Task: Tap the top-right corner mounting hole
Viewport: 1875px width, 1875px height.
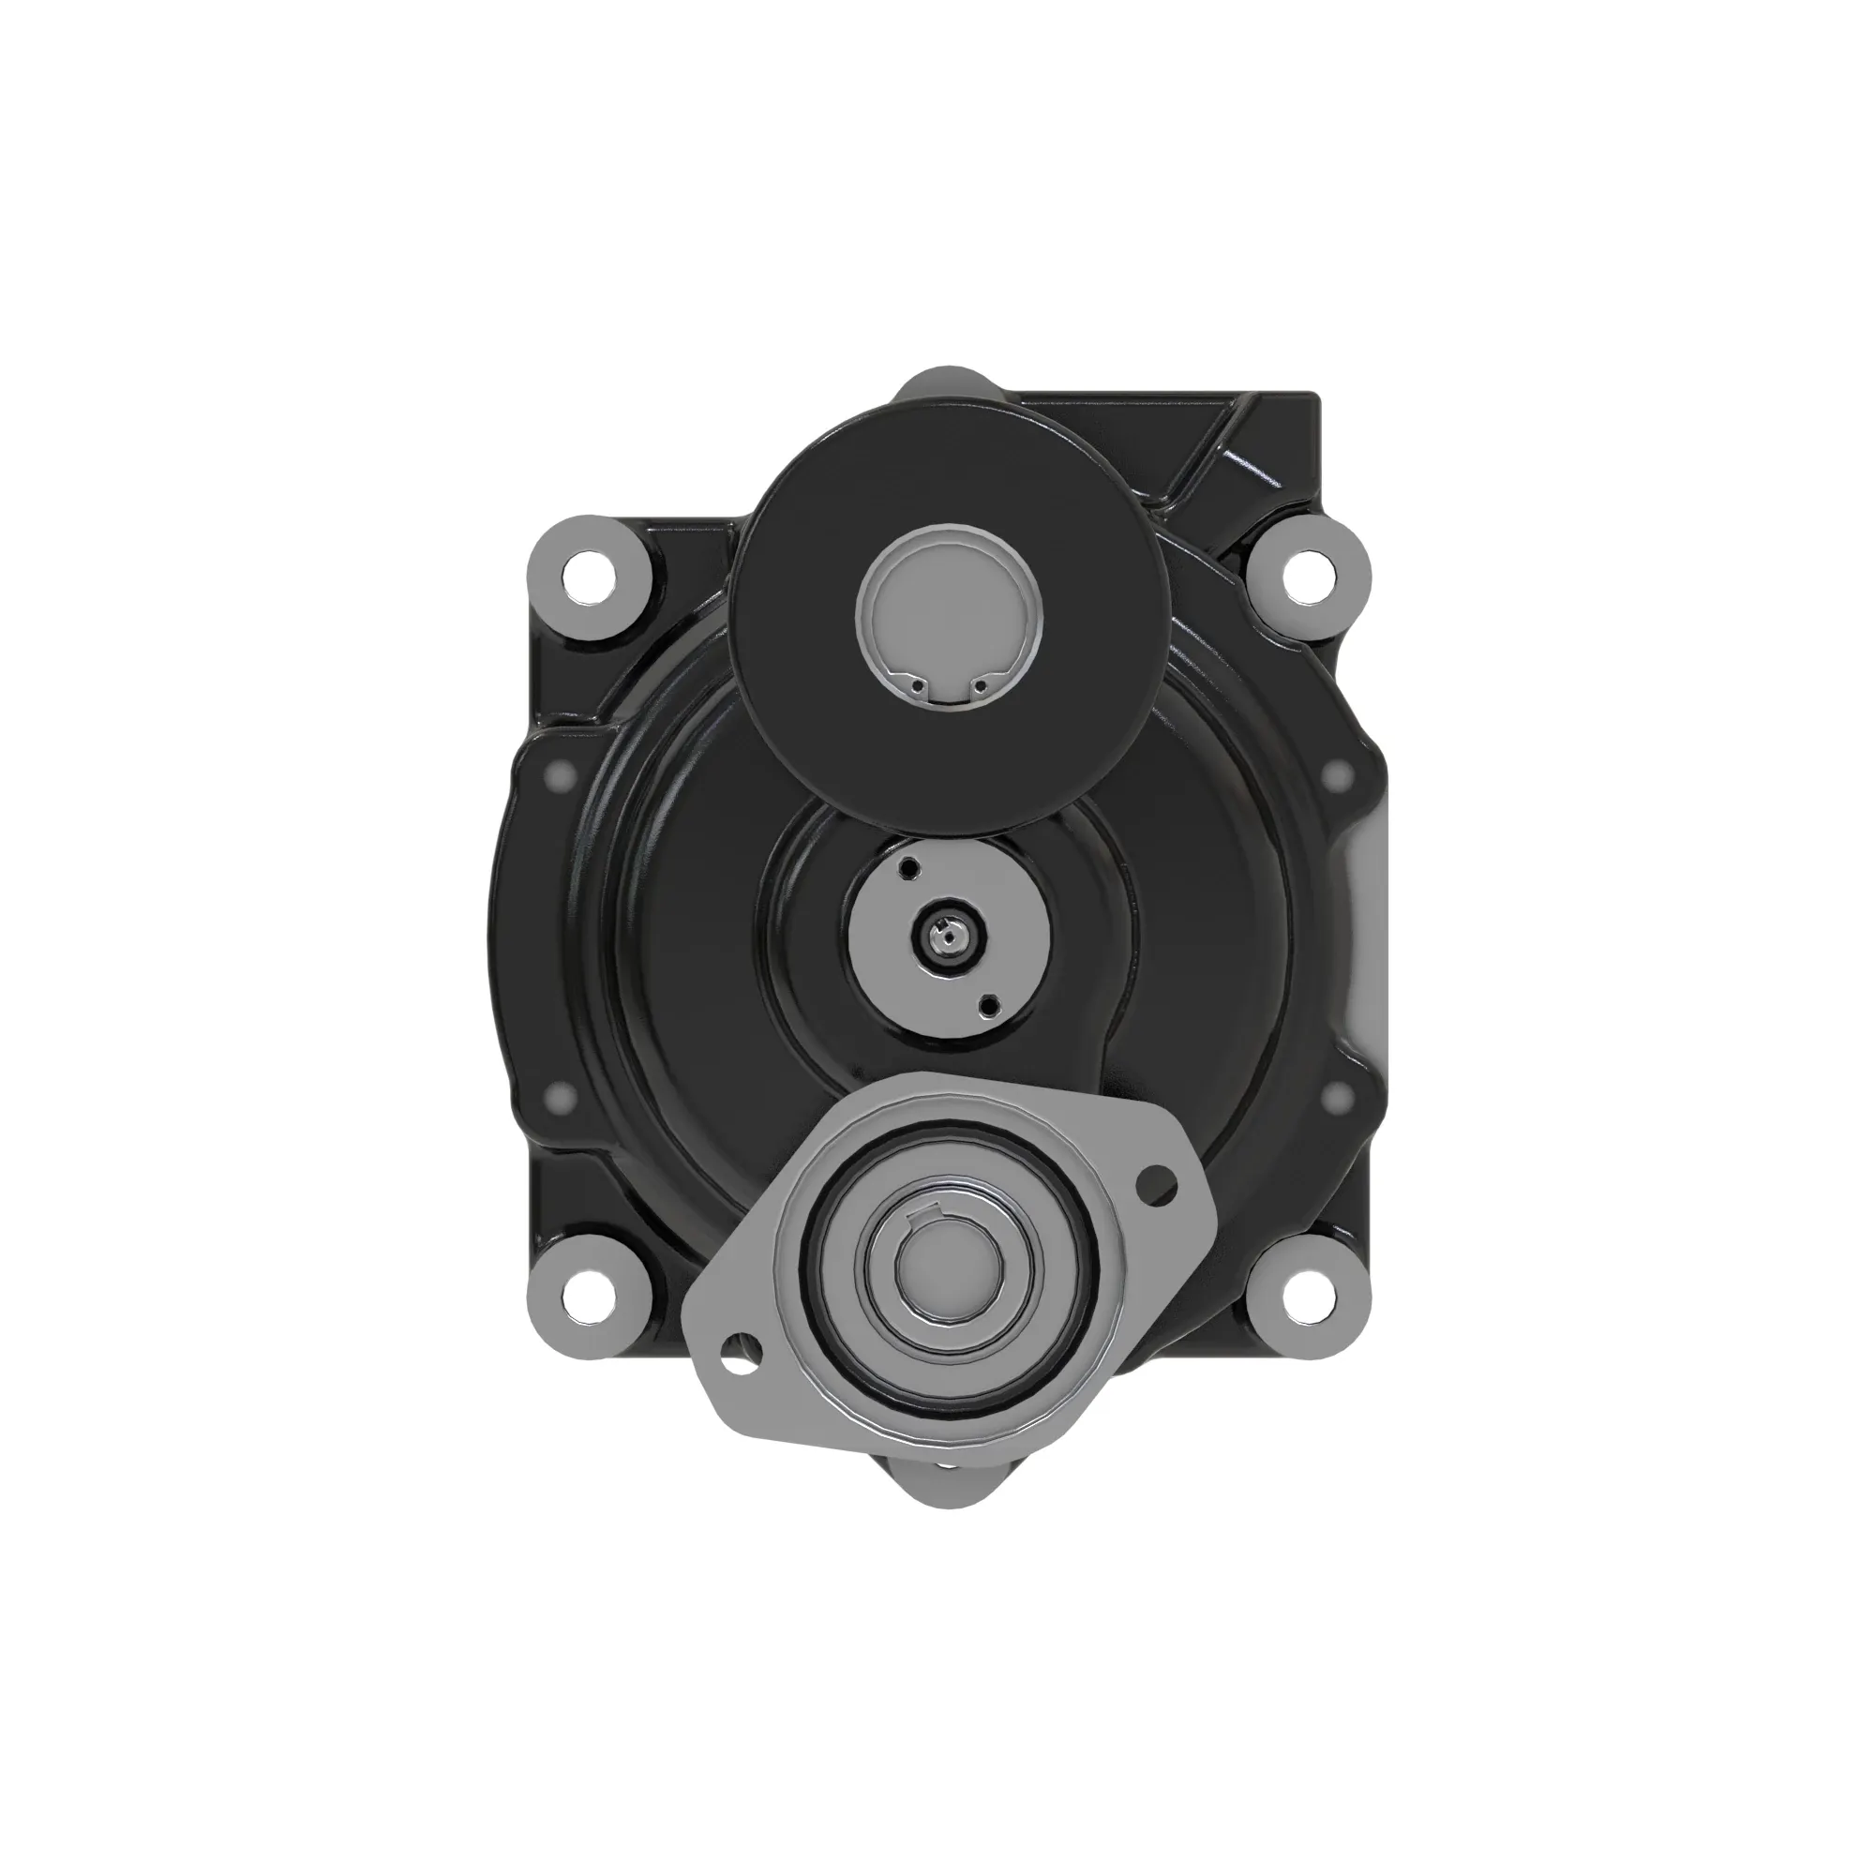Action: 1306,576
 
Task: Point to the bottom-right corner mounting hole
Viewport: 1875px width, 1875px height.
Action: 1306,1297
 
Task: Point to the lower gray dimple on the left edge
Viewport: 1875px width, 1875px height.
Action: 559,1098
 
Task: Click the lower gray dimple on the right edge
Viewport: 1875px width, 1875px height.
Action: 1338,1098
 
